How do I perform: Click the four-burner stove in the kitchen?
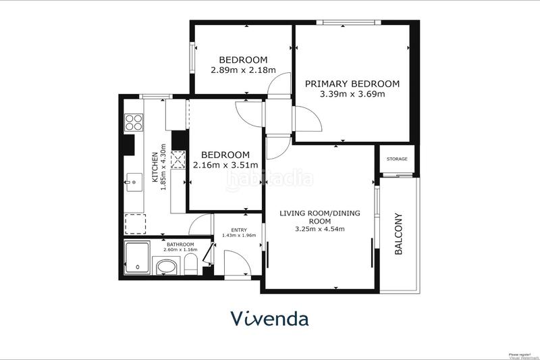134,122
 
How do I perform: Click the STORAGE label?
397,159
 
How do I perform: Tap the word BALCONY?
399,234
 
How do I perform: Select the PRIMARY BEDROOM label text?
352,84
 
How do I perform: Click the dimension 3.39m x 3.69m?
352,94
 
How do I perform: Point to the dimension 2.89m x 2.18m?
234,70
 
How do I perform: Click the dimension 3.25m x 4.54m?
320,229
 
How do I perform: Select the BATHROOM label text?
181,245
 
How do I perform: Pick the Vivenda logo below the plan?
269,318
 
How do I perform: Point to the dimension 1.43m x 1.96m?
239,236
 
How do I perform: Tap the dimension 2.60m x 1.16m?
181,250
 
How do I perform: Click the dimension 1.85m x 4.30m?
163,167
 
